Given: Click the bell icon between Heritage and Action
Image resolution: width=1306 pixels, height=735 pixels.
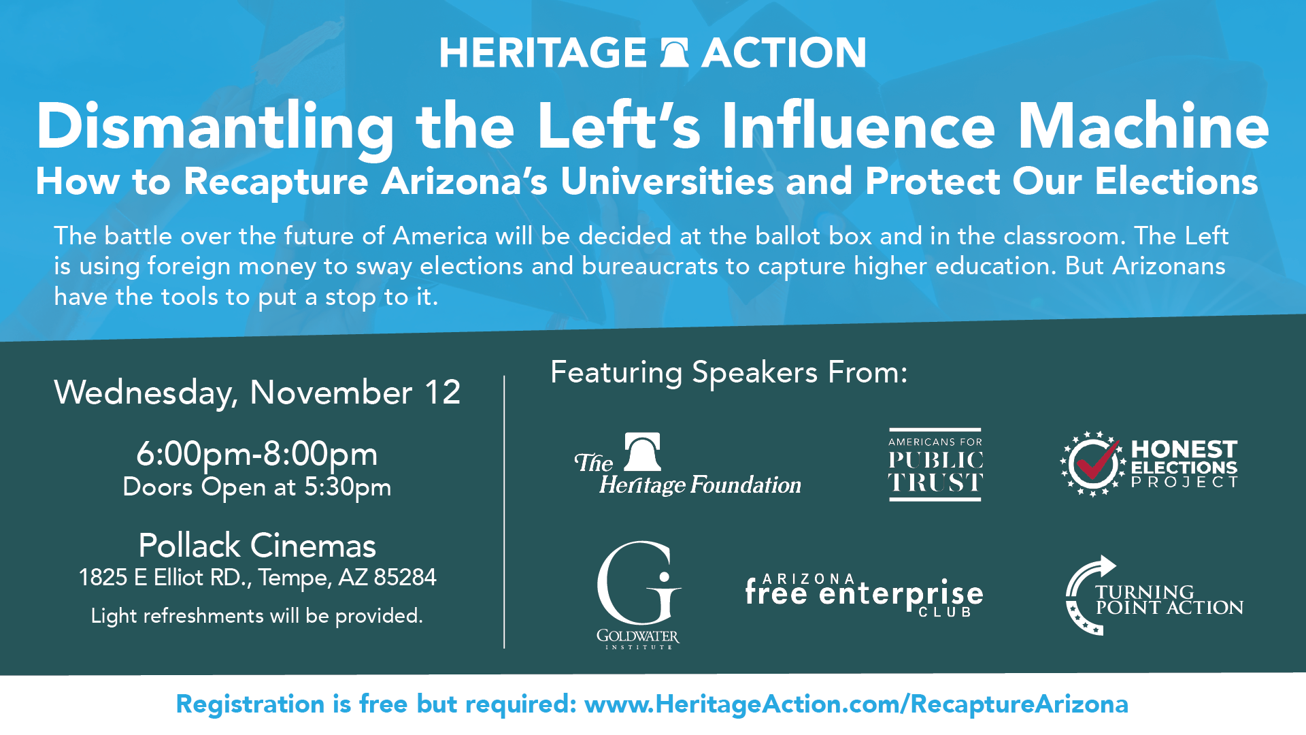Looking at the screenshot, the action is coord(674,53).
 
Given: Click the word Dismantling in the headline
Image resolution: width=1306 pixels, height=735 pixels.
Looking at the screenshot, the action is coord(216,127).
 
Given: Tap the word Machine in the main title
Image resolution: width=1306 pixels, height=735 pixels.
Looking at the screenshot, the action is coord(1143,126).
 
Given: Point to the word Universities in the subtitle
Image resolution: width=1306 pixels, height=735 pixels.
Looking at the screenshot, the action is coord(667,182).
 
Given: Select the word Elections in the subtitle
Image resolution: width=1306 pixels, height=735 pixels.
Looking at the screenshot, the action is coord(1176,182).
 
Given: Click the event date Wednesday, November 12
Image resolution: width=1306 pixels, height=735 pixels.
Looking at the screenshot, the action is coord(257,393).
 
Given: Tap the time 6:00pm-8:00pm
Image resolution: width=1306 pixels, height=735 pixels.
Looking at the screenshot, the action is coord(257,454).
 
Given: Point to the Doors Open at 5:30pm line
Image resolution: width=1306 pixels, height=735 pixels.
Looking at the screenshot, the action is coord(257,487).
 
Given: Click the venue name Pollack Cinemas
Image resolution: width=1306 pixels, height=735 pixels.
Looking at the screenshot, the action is coord(257,545).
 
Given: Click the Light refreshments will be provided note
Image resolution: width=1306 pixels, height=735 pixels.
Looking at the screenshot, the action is coord(257,616).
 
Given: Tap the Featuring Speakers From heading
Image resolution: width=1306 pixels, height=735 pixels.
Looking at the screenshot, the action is coord(729,373).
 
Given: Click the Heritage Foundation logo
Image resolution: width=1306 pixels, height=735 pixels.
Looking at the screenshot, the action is coord(688,465).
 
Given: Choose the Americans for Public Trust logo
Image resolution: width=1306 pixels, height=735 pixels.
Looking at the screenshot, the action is coord(935,465).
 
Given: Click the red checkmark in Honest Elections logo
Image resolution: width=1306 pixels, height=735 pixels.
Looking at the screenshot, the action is coord(1096,459).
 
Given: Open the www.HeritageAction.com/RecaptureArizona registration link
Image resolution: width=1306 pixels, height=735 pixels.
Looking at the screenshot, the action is coord(856,704).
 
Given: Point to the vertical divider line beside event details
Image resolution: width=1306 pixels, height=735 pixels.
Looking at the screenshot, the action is coord(504,512).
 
